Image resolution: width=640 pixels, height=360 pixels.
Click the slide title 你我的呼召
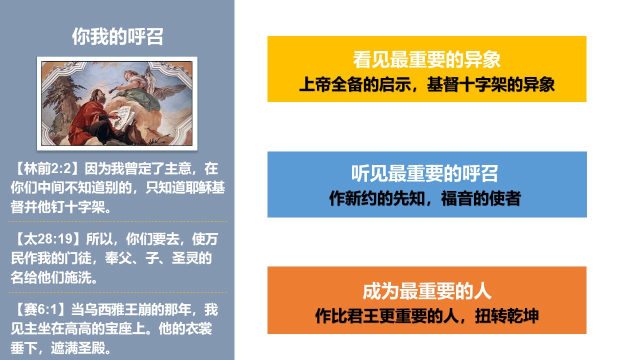point(117,36)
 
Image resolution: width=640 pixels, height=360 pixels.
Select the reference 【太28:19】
point(46,239)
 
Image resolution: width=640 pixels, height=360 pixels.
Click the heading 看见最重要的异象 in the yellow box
point(426,59)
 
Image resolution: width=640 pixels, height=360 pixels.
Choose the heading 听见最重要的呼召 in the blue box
point(424,173)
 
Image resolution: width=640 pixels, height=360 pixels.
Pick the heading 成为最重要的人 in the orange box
point(427,291)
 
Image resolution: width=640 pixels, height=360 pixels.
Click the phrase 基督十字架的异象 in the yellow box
point(490,84)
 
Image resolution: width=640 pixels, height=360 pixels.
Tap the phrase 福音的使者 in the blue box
point(481,198)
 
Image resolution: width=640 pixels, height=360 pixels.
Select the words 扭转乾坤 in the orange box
point(507,316)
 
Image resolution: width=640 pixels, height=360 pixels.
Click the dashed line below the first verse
point(117,221)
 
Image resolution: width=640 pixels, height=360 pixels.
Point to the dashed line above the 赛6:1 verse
point(117,292)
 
